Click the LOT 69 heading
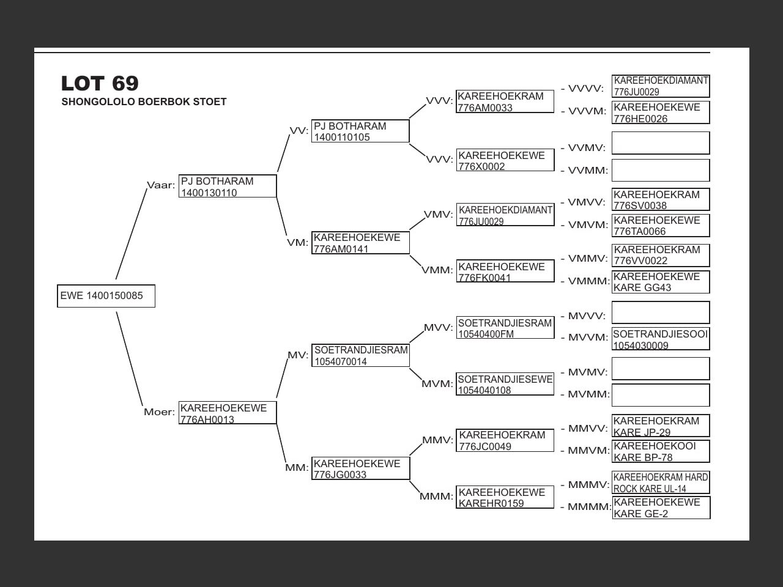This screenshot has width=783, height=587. coord(100,83)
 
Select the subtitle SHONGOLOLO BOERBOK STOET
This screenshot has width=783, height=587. coord(144,102)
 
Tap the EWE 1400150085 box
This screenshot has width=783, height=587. coord(106,296)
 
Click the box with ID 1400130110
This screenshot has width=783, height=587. coord(228,186)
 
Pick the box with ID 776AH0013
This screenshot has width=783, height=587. coord(228,413)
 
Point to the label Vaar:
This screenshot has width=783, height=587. coord(161,185)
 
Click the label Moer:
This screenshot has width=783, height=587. coord(159,412)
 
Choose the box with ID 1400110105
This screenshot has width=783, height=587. coord(360,131)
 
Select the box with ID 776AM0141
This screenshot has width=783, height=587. coord(360,243)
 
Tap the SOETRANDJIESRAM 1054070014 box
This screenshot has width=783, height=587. coord(360,355)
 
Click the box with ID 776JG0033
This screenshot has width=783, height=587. coord(360,469)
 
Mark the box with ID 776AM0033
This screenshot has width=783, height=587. coord(505,102)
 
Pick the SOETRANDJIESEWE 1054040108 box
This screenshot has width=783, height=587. coord(505,385)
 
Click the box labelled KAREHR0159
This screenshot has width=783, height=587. coord(505,497)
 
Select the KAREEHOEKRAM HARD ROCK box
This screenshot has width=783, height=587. coord(661,482)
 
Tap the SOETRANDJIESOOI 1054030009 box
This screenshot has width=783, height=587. coord(661,339)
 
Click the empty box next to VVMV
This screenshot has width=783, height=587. coord(661,143)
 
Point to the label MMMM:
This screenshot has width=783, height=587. coord(589,507)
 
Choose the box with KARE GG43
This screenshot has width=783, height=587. coord(661,282)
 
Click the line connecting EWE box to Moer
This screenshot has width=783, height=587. coord(130,360)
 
